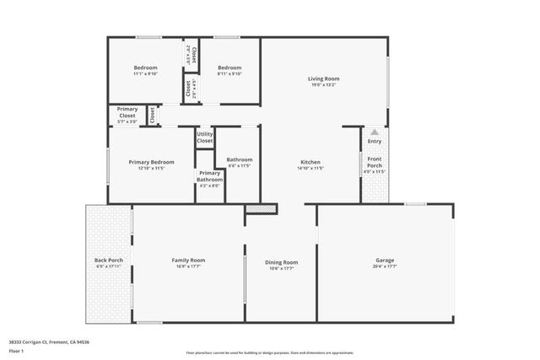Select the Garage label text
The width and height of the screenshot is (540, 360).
(385, 261)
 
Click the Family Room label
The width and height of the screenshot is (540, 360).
(188, 261)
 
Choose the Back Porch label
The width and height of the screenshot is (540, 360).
(108, 261)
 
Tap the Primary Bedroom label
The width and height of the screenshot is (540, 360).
(151, 162)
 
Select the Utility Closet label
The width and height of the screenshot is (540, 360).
(205, 137)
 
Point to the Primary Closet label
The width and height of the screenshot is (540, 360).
(127, 112)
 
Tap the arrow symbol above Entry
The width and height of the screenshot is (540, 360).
(374, 133)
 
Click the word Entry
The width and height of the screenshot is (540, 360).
(374, 142)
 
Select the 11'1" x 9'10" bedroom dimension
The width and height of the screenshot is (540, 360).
(146, 74)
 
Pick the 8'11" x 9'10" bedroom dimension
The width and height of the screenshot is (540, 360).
(229, 74)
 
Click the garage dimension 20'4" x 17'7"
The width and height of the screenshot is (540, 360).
(385, 267)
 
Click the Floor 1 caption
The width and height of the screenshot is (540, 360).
(17, 350)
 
